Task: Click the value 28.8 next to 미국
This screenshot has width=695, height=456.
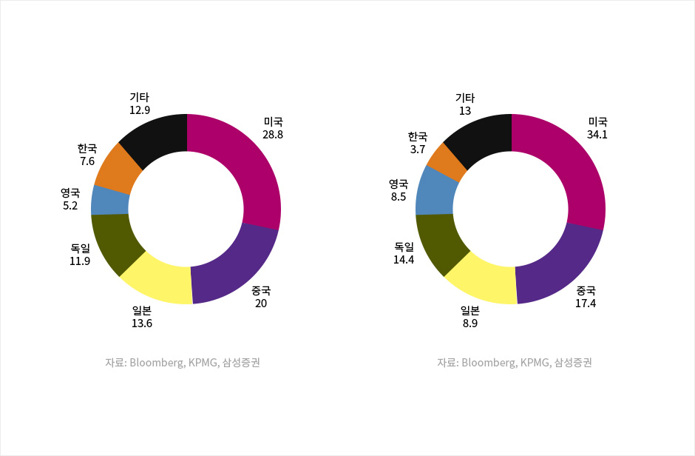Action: pyautogui.click(x=273, y=135)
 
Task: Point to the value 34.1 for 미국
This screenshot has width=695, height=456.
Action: pyautogui.click(x=597, y=135)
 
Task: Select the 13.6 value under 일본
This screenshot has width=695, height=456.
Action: pyautogui.click(x=143, y=323)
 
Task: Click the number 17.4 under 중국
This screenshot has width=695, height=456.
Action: pyautogui.click(x=586, y=304)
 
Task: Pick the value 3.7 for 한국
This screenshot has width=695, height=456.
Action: pyautogui.click(x=418, y=149)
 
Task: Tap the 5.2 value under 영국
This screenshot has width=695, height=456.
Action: pyautogui.click(x=70, y=206)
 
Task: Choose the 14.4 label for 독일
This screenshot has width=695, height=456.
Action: pyautogui.click(x=404, y=260)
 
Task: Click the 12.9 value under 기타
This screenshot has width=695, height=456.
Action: pyautogui.click(x=140, y=110)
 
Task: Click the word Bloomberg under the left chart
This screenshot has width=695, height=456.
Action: pyautogui.click(x=155, y=363)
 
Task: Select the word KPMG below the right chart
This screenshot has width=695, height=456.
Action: pyautogui.click(x=535, y=363)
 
